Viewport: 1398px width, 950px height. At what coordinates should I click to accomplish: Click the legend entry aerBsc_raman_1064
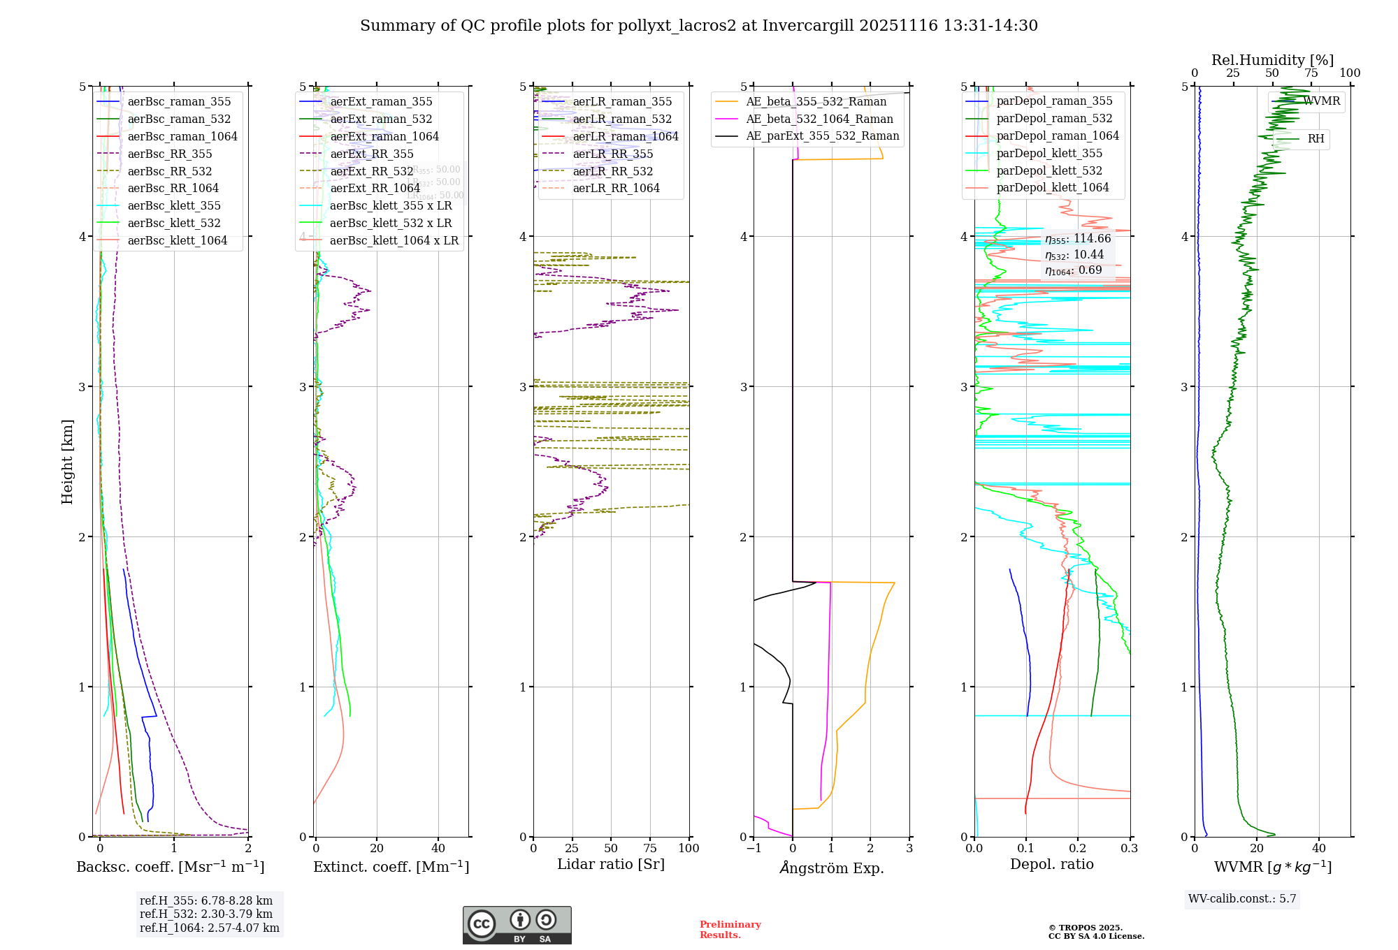coord(182,136)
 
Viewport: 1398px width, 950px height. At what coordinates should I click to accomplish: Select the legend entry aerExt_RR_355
coord(371,154)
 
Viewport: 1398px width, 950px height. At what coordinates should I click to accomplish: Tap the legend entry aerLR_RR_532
coord(612,171)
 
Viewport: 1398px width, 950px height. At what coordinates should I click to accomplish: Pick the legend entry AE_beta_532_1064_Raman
coord(819,119)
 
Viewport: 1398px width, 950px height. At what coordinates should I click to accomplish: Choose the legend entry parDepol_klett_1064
coord(1052,187)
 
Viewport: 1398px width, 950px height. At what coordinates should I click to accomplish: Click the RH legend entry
coord(1316,138)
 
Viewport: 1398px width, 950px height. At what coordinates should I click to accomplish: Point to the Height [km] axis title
coord(67,461)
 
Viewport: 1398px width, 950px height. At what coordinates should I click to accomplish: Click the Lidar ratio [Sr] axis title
coord(610,864)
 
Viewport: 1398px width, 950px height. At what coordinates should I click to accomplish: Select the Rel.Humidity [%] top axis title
coord(1272,60)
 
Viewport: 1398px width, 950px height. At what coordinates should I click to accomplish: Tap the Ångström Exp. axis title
coord(831,868)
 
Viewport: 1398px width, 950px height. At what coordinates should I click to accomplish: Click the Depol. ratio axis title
coord(1051,864)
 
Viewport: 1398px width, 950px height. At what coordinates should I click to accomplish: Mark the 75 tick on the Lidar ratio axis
coord(650,848)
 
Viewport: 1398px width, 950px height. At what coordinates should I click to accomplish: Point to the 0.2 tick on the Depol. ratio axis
coord(1078,848)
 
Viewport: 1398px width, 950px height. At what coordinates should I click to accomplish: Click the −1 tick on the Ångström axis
coord(754,848)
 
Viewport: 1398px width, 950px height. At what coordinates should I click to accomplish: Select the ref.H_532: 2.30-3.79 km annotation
coord(206,914)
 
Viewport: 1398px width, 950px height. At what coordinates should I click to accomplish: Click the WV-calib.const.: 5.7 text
coord(1242,898)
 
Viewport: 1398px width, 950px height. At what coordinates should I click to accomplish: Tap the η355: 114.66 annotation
coord(1077,239)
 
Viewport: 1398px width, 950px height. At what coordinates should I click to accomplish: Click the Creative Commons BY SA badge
coord(517,925)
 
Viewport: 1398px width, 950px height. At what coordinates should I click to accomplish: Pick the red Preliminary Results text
coord(730,929)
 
